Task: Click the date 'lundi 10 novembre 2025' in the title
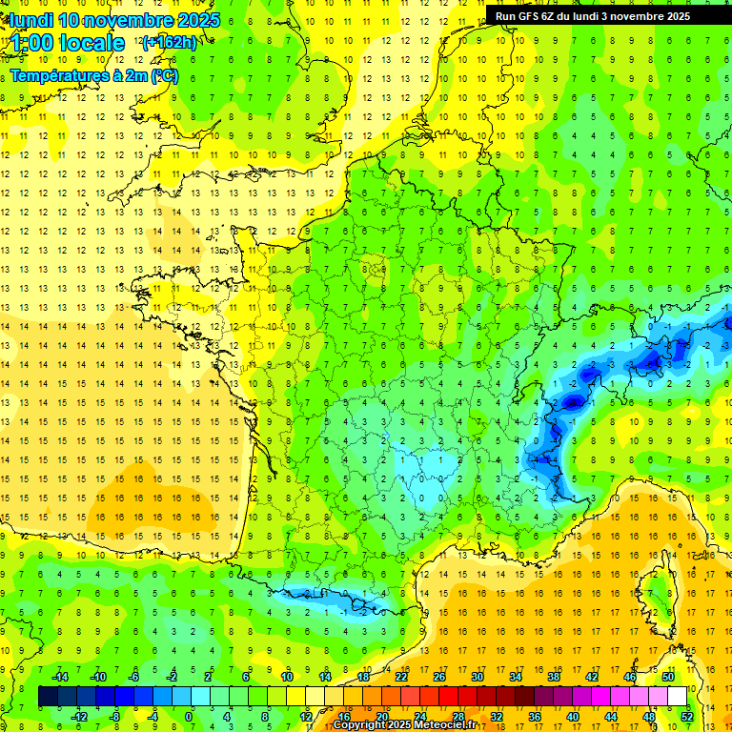114,20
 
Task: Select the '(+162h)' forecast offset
169,42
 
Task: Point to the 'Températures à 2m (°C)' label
94,75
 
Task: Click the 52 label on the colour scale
687,717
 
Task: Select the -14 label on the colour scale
59,677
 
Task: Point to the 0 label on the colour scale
189,717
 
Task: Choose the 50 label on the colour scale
667,677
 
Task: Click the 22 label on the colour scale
401,677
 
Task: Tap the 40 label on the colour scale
573,717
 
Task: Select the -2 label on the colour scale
172,677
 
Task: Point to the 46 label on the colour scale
629,677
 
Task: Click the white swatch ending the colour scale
677,697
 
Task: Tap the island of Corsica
656,600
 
